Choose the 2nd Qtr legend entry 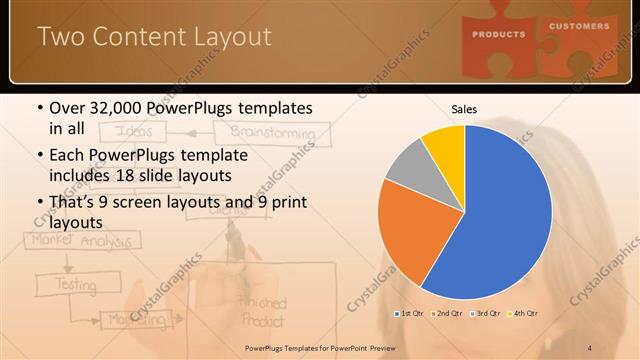[446, 314]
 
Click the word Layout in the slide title [226, 38]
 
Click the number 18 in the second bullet [183, 176]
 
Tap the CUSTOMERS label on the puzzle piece [578, 26]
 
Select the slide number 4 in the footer [590, 347]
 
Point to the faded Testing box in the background [75, 284]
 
